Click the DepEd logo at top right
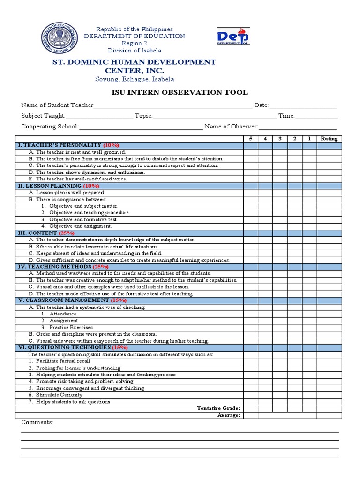click(233, 36)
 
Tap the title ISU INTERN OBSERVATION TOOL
click(180, 92)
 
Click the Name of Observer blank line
click(298, 127)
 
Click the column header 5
click(251, 139)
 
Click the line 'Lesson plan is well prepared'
click(70, 193)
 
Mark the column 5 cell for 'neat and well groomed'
click(251, 152)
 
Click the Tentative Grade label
click(219, 409)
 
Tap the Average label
click(229, 415)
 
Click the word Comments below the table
click(37, 423)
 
